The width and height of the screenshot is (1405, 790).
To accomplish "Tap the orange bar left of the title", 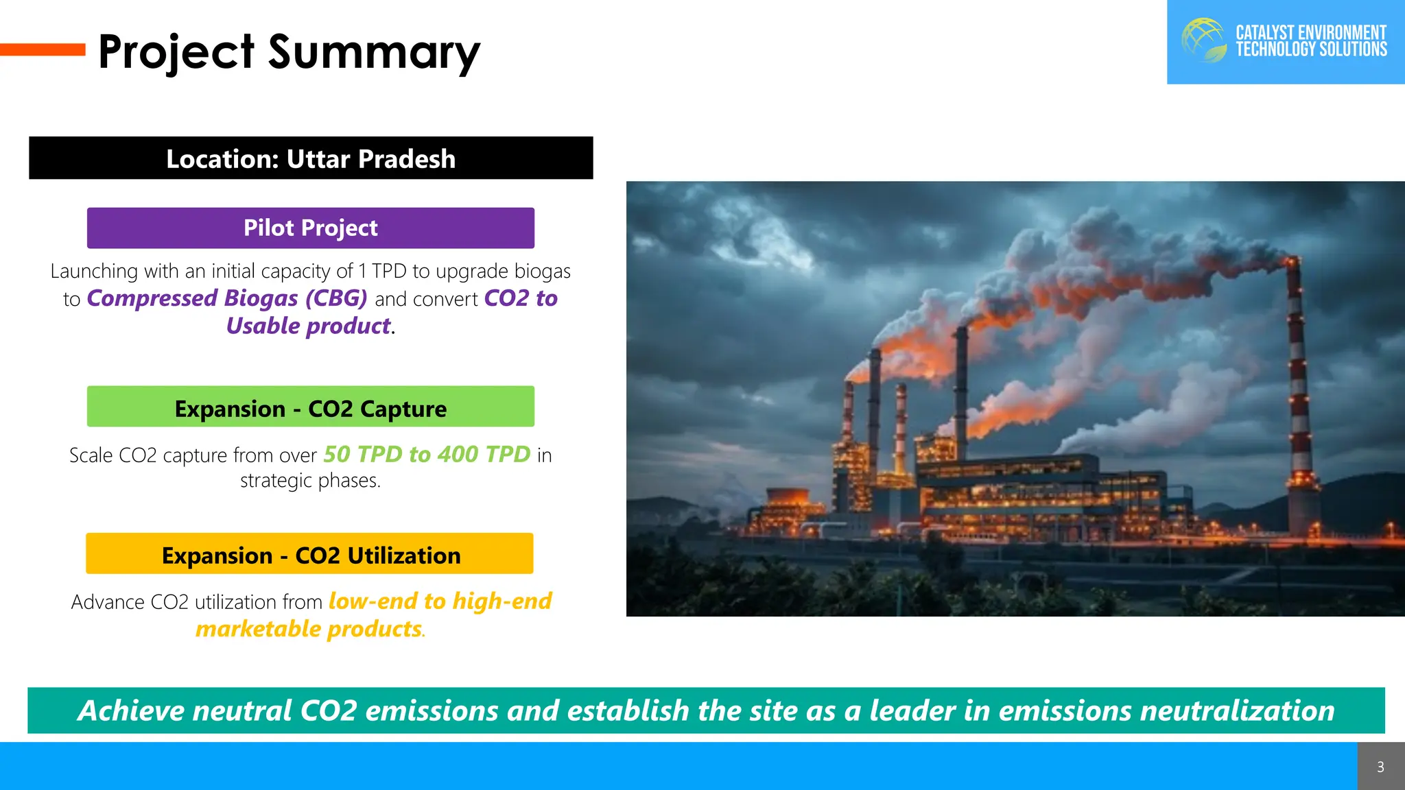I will click(x=43, y=49).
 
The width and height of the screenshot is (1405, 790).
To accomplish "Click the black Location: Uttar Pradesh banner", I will click(x=311, y=158).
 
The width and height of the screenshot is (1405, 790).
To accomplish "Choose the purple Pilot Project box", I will click(x=311, y=228).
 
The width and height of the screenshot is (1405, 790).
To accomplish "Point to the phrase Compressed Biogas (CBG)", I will click(x=227, y=298).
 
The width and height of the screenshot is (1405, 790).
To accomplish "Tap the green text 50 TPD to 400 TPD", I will click(x=427, y=454).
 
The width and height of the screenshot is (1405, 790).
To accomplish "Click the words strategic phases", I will click(x=310, y=481).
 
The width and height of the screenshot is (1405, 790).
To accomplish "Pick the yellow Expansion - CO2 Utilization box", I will click(x=310, y=554).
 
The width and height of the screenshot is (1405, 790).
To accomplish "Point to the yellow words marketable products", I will click(x=309, y=629).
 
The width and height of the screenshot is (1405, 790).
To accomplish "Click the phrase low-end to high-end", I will click(x=440, y=601).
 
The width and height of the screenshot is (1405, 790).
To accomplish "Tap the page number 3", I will click(x=1380, y=767).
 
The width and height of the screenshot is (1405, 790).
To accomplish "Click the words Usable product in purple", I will click(x=309, y=326).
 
